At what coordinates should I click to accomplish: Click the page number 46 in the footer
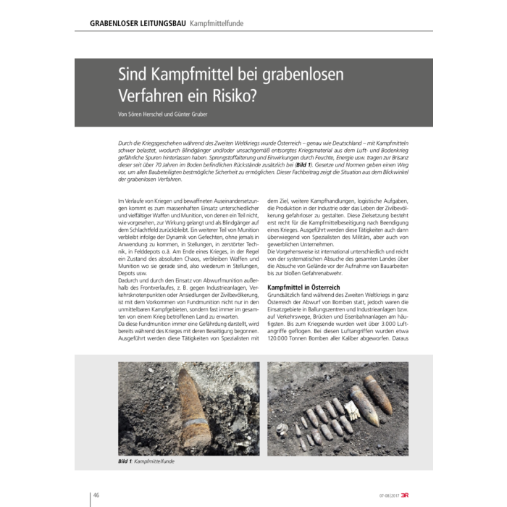tap(96, 495)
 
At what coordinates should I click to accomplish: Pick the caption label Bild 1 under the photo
tap(125, 461)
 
